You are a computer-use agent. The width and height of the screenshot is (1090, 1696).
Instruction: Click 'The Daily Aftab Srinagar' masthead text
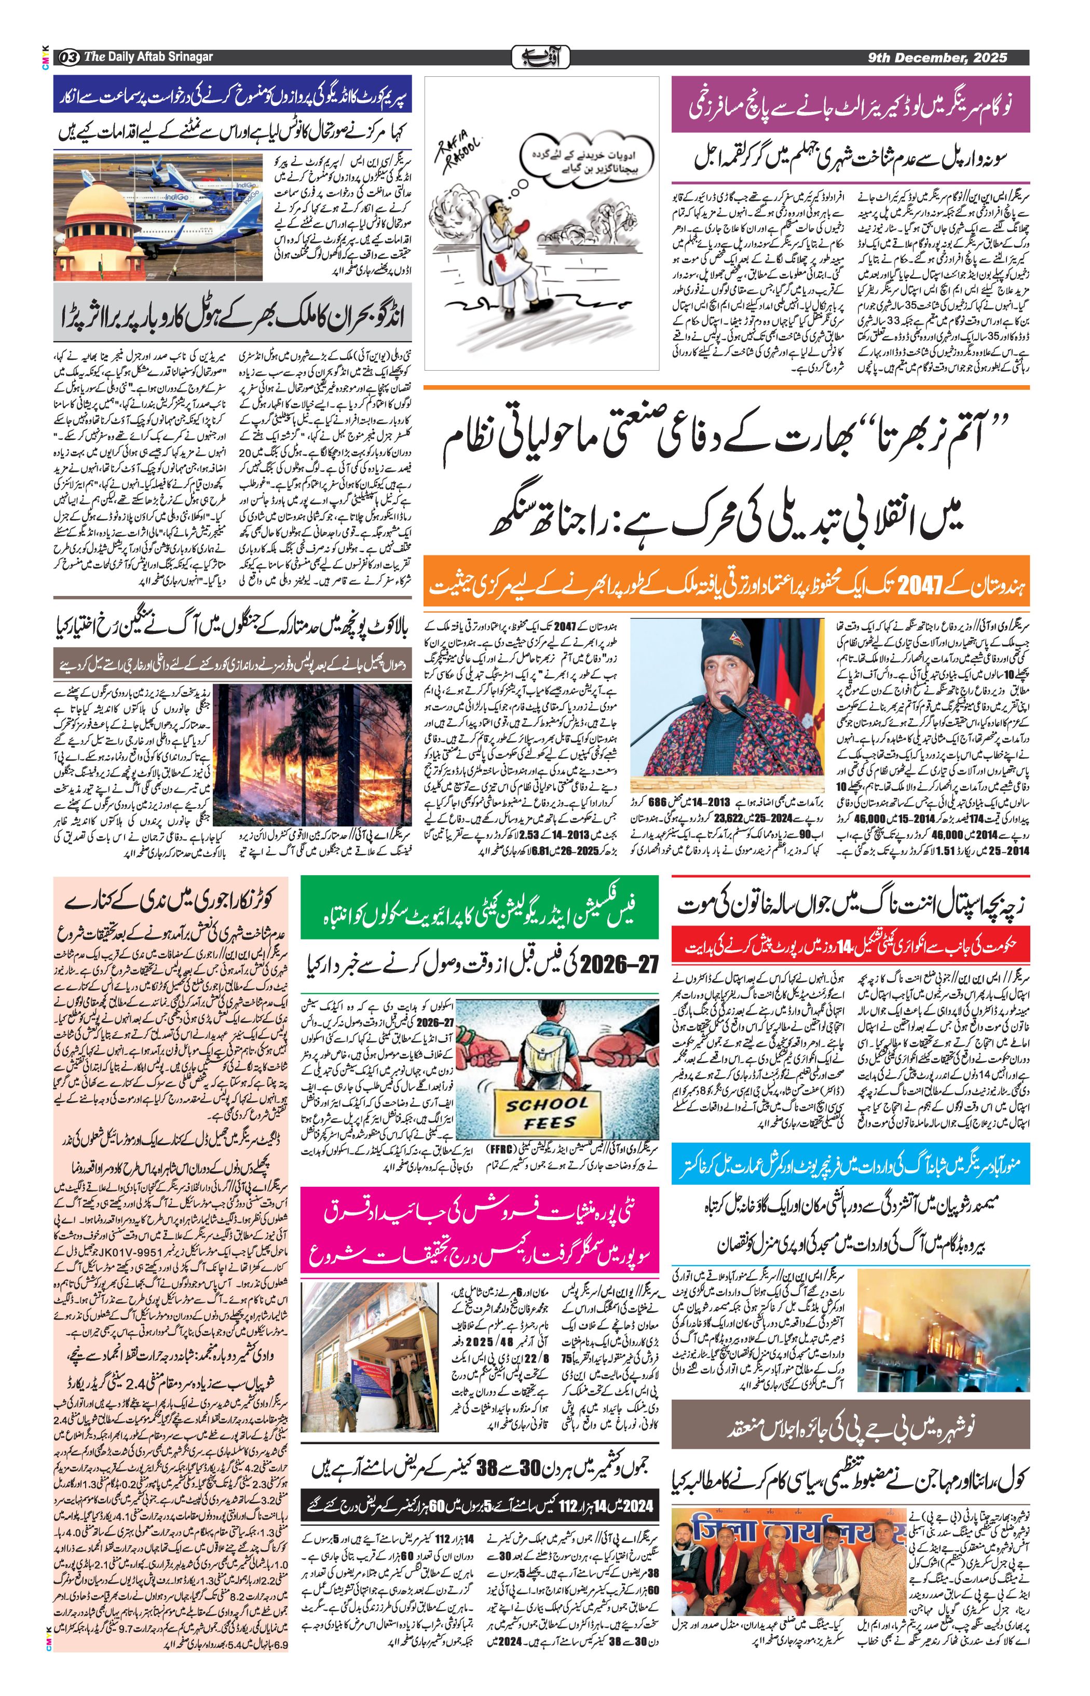coord(148,57)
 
